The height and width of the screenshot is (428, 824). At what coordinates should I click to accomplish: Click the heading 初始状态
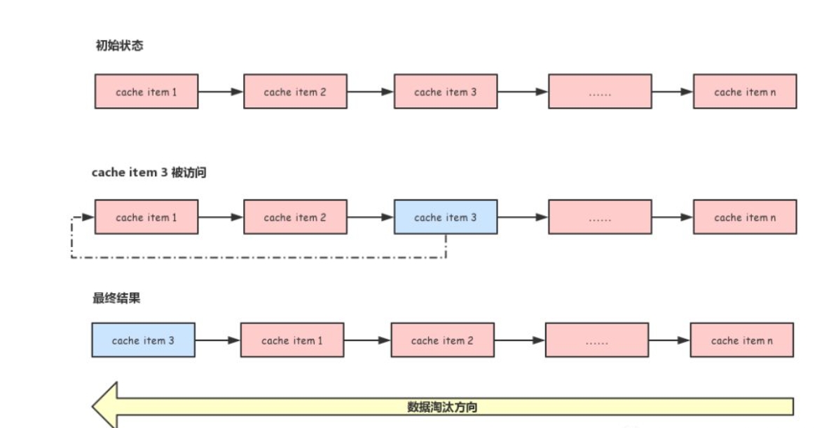pos(120,46)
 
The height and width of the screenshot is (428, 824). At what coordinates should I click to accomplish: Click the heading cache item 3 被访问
pos(149,173)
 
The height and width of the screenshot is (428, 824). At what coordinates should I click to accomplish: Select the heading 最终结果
pos(116,298)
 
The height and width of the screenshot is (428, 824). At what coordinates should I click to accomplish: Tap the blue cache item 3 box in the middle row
pos(446,218)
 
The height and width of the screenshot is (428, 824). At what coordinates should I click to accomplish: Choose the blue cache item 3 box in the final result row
pos(143,340)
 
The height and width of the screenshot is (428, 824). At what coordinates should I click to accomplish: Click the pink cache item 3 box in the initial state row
pos(446,92)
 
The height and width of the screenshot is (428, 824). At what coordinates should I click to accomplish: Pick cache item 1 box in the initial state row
pos(146,92)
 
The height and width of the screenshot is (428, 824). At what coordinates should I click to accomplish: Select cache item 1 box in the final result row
pos(292,340)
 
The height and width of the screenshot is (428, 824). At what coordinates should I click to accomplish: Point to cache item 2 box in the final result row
pos(442,340)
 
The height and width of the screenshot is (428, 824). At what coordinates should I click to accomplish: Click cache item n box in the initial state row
pos(745,92)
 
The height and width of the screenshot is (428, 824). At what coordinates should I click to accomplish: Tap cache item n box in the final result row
pos(742,340)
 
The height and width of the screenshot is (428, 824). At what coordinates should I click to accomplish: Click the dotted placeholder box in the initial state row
pos(600,92)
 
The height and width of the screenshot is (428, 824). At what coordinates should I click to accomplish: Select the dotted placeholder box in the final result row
pos(597,340)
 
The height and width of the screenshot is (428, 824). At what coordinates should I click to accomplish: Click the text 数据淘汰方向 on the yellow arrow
pos(442,407)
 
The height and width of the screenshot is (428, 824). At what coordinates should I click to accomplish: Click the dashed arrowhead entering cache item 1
pos(88,218)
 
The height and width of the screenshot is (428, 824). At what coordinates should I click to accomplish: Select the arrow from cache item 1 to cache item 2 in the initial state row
pos(221,92)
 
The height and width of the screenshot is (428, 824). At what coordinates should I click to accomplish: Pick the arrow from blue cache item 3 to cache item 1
pos(217,340)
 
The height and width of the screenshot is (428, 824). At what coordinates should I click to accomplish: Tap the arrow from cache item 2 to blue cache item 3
pos(370,218)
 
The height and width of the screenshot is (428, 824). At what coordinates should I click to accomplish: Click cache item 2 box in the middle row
pos(295,218)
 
